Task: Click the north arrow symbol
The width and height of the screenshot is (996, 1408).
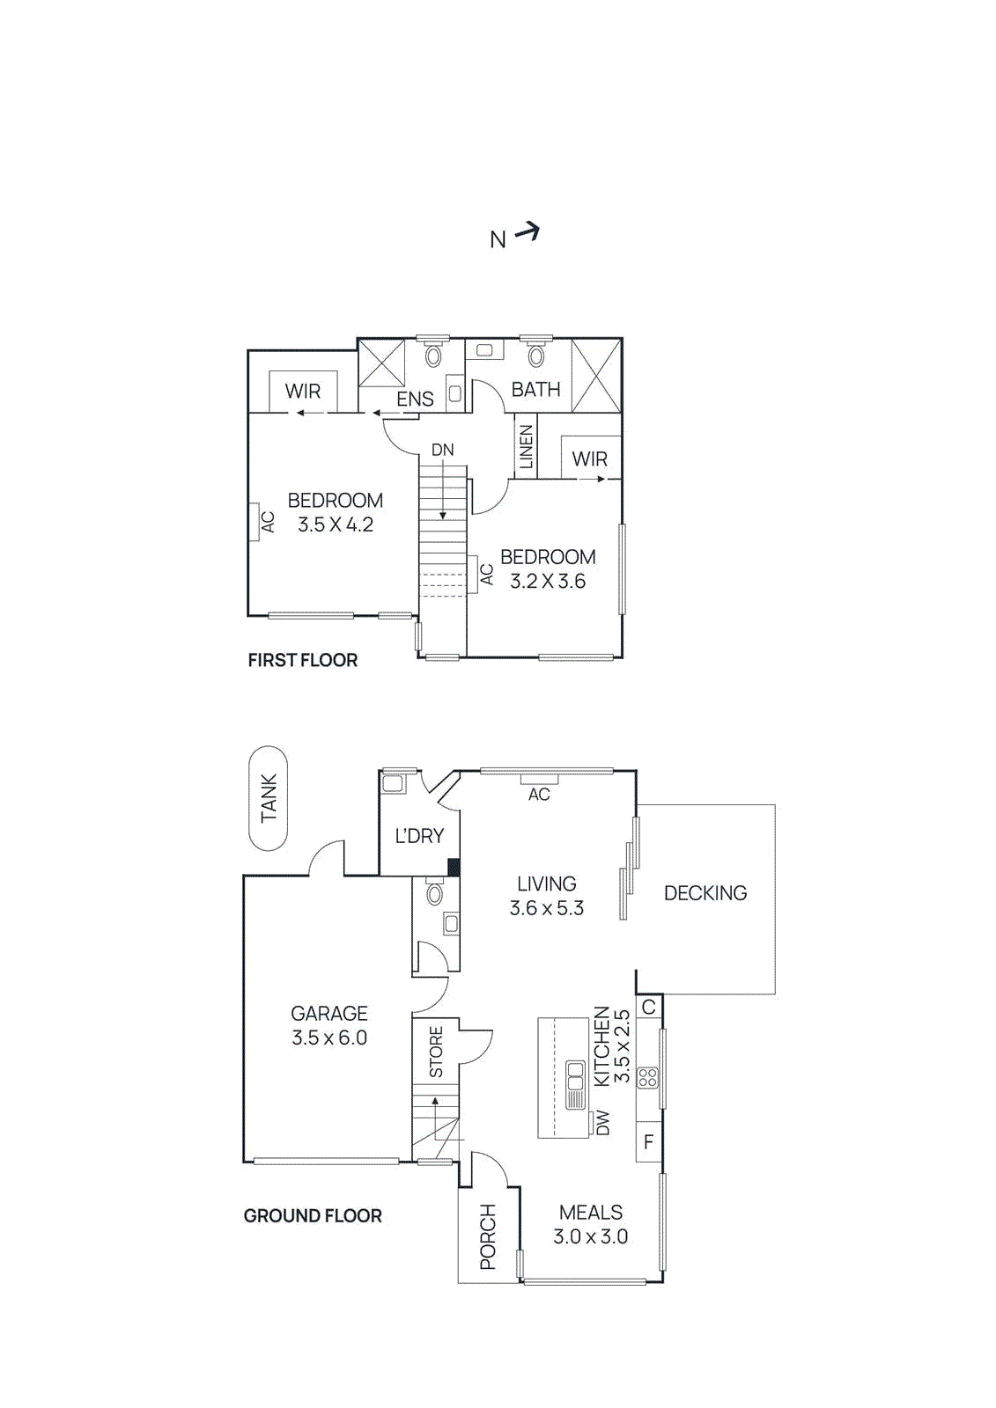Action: [527, 232]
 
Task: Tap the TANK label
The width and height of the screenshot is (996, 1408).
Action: [269, 797]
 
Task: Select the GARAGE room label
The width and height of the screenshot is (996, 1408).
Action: [329, 1014]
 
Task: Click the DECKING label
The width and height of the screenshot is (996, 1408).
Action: [705, 893]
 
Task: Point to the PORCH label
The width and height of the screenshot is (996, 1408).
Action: [488, 1236]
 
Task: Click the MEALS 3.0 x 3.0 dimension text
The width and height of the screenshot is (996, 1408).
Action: [591, 1236]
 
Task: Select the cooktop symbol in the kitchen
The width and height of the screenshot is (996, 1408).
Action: [648, 1078]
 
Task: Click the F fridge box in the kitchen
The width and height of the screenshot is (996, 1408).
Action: [649, 1142]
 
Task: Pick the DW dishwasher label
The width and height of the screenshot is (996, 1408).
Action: [603, 1122]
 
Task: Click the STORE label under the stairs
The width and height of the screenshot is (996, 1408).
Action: [436, 1052]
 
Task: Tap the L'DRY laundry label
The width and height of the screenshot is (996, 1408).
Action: [419, 836]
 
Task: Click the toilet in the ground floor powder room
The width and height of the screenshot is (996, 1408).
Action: [434, 895]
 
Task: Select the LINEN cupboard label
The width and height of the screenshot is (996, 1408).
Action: [527, 447]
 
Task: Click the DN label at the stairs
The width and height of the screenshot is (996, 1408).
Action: [443, 450]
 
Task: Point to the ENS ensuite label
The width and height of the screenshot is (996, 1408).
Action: [415, 399]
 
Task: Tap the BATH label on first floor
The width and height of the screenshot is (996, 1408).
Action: [535, 389]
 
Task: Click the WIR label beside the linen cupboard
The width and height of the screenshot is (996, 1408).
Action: [589, 458]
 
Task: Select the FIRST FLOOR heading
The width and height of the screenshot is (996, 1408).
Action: [303, 660]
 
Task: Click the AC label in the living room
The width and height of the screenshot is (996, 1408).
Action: [539, 795]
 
